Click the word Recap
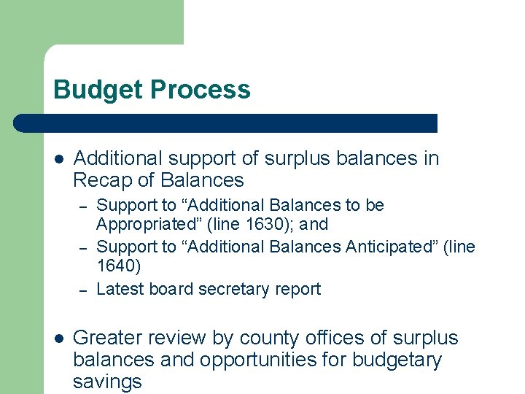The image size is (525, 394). tap(100, 179)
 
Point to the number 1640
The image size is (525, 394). tap(118, 266)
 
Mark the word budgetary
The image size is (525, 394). tap(396, 360)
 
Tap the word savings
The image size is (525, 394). tap(107, 381)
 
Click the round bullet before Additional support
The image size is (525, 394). tap(59, 159)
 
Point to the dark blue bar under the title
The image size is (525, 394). tap(226, 123)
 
